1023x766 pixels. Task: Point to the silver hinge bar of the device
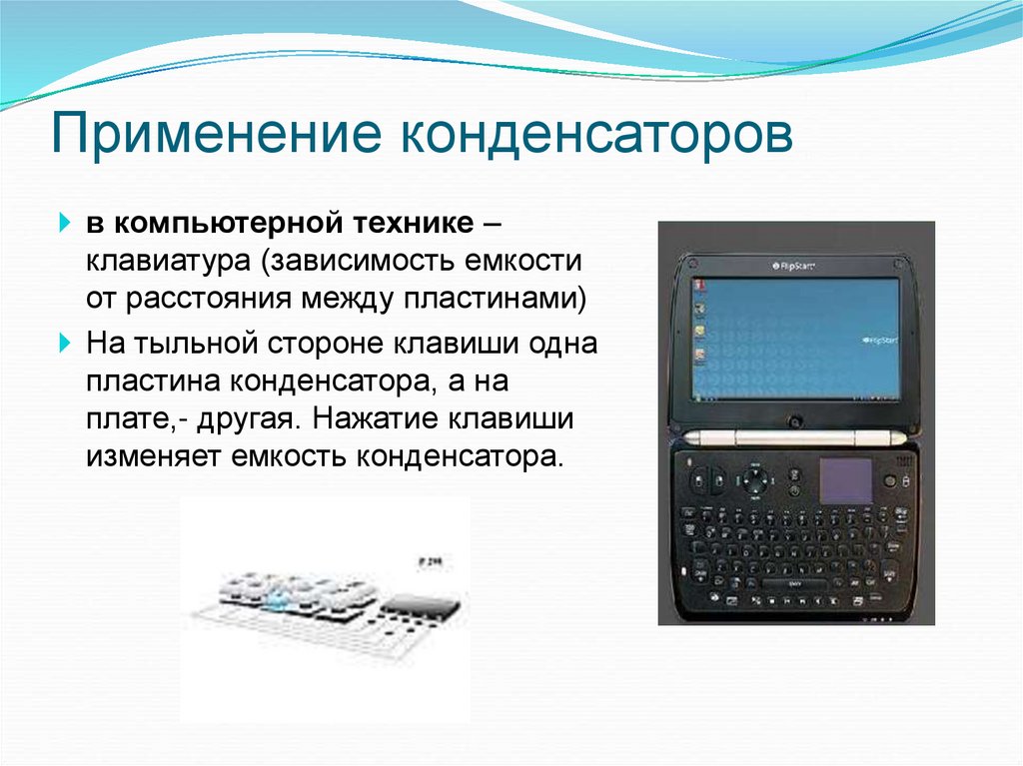796,437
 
